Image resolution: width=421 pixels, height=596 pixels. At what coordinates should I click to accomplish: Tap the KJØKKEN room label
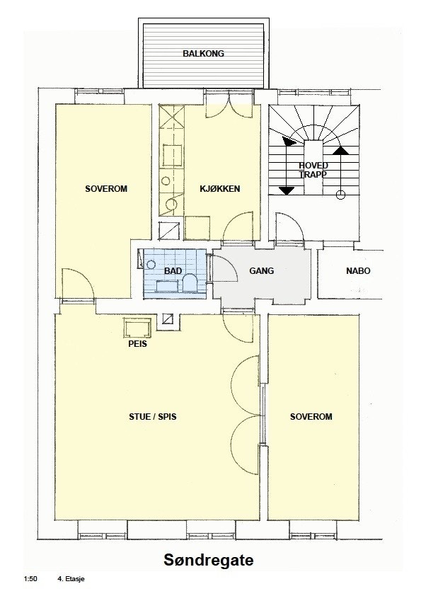point(221,189)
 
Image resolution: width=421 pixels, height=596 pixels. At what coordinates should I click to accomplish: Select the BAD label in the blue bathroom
point(173,270)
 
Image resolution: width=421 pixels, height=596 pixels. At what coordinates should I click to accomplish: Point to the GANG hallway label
point(261,270)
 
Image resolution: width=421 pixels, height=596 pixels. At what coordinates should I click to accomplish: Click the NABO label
point(357,270)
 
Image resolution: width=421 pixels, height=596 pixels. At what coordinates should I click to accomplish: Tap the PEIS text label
point(138,346)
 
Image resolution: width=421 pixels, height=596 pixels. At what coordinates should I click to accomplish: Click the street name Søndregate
point(209,560)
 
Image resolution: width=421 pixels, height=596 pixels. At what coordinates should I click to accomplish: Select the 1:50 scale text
point(30,579)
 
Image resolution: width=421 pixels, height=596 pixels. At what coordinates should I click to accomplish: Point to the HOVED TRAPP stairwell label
point(313,170)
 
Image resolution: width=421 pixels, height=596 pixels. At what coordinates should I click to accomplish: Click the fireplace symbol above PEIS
point(137,328)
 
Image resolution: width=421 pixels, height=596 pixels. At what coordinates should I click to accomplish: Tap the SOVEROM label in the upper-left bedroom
point(105,189)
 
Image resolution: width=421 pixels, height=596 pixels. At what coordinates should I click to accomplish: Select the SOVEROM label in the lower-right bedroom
point(311,417)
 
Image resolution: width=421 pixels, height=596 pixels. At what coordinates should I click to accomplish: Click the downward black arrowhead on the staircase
point(287,190)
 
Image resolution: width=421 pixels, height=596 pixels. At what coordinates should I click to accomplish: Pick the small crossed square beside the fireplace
point(167,319)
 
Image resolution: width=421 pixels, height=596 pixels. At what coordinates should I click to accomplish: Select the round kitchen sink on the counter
point(171,205)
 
